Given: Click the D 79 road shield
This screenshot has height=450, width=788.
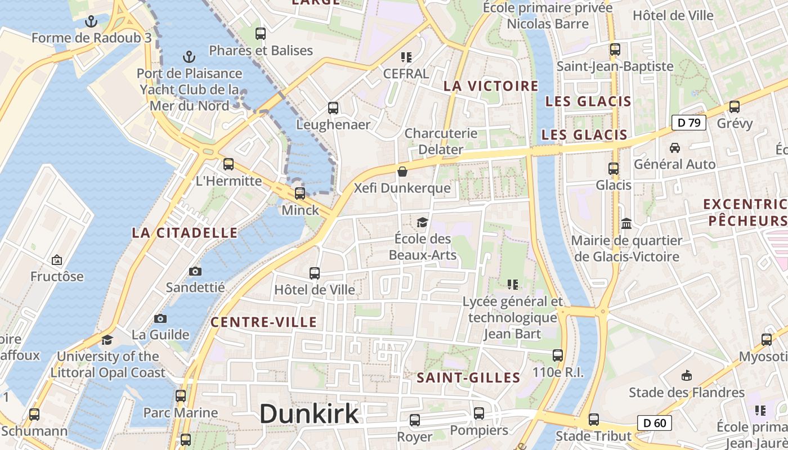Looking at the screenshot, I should tap(689, 123).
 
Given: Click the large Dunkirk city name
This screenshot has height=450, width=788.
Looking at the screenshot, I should tap(309, 414).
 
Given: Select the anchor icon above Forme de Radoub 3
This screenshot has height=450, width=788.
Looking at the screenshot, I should tap(91, 22).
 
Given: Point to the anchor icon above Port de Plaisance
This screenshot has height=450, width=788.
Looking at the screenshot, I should tap(189, 57).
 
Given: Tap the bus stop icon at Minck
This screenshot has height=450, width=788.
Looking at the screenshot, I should tap(300, 193).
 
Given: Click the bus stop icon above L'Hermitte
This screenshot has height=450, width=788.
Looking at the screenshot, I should tap(228, 164).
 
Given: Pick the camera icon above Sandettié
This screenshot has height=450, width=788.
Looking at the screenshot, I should tap(195, 272).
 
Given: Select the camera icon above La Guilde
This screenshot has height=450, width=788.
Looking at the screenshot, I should tap(160, 318).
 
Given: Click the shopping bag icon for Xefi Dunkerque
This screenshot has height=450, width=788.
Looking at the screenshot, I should tap(402, 171).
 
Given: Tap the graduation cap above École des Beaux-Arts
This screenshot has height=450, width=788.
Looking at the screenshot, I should tap(422, 222).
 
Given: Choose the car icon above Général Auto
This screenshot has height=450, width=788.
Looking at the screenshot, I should tap(674, 147).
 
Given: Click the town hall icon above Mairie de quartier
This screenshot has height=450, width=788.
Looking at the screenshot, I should tap(626, 224).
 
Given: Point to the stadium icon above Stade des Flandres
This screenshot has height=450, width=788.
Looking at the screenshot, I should tap(686, 375).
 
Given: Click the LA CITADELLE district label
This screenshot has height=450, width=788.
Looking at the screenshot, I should tap(185, 233).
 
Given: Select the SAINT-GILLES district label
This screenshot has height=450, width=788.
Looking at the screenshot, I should tap(468, 378).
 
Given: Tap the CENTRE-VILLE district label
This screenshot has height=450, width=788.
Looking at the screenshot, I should tap(263, 322).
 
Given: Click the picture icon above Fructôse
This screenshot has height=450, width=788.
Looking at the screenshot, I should tap(56, 260).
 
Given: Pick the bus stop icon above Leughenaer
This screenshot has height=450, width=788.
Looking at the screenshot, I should tap(333, 107).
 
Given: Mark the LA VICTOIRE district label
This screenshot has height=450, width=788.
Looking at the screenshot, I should tap(491, 86).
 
